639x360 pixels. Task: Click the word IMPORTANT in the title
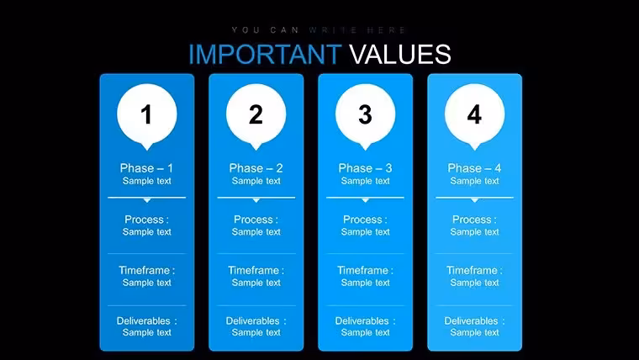point(265,54)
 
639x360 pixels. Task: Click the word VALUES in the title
point(400,54)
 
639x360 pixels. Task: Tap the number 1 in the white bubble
point(146,114)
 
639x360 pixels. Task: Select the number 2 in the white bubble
point(256,114)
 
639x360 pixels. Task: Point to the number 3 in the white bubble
point(365,114)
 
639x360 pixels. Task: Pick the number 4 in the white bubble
point(474,114)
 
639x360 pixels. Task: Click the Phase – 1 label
point(146,168)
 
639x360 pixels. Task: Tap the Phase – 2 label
point(256,168)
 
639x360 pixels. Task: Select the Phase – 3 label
point(365,168)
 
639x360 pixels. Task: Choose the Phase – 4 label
point(474,168)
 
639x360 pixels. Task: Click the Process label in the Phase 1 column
point(146,220)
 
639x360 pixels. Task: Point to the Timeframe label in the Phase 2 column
point(256,270)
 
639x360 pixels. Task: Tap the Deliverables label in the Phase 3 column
point(365,320)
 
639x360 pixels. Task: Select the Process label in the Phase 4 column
point(474,220)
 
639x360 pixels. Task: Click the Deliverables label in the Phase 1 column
point(146,320)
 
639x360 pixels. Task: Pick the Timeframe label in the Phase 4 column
point(474,270)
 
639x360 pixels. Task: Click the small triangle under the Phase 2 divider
point(256,200)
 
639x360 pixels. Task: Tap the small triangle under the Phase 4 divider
point(474,200)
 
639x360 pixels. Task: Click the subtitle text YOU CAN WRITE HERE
point(319,30)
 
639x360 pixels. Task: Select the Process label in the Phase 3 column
point(365,220)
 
